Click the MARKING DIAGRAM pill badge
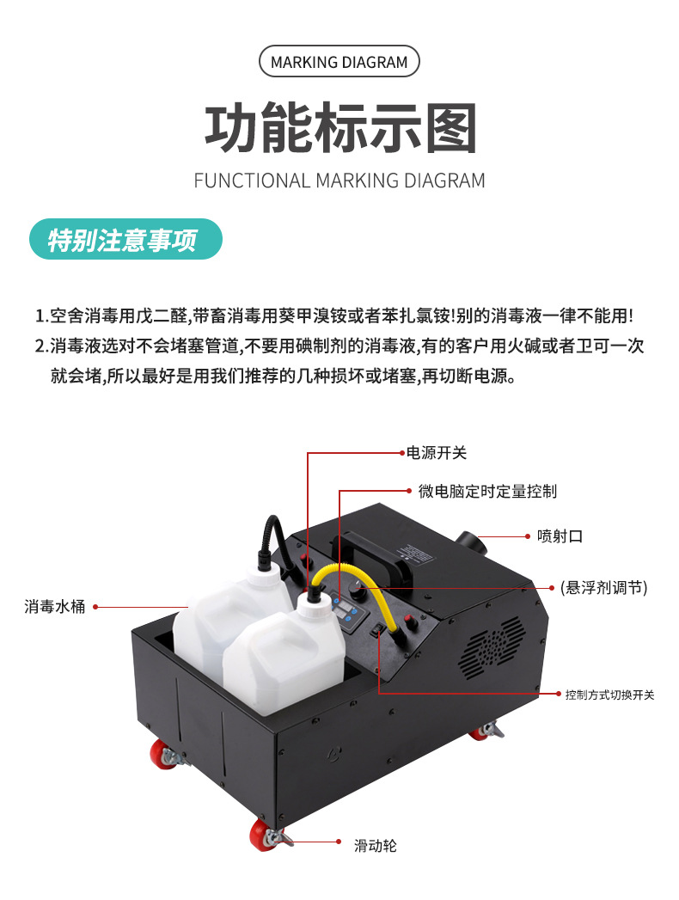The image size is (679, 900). [x=339, y=61]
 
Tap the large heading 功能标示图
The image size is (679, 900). [x=340, y=128]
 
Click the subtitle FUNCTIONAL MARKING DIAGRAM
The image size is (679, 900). [x=339, y=181]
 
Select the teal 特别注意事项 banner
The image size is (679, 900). [x=125, y=239]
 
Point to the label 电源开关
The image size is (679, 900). [x=437, y=454]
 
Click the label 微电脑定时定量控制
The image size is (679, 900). [x=487, y=492]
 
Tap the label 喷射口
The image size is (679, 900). [x=560, y=536]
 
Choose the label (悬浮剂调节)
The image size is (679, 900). [x=604, y=588]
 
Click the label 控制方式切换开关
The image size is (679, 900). [x=609, y=695]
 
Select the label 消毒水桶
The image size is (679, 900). [x=54, y=607]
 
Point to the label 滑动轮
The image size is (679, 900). [x=376, y=846]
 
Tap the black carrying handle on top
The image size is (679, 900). [x=372, y=551]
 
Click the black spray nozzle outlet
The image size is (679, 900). [x=470, y=542]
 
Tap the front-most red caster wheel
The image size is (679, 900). [x=264, y=835]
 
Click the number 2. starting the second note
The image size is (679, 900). [x=41, y=346]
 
